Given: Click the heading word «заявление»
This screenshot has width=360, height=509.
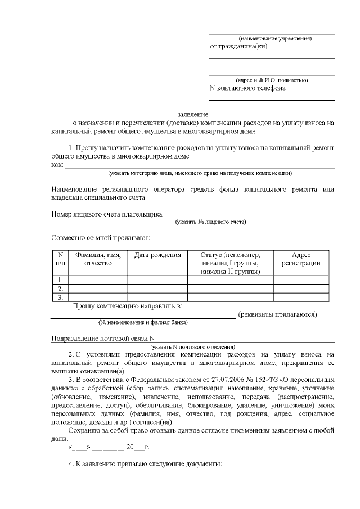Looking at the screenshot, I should pos(193,114).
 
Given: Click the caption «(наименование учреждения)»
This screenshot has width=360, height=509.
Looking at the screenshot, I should pos(275,38).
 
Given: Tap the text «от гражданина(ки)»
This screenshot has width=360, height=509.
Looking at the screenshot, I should pos(238,47).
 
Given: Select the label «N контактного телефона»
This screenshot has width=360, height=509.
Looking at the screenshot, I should pos(247,88).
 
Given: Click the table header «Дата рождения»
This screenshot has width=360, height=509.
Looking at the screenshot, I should pos(157,255).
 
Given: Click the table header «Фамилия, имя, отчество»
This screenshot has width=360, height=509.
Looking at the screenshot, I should pos(98,259).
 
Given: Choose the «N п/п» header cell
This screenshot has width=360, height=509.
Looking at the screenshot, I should pos(60,259).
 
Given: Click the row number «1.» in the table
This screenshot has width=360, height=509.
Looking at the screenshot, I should pos(60,280).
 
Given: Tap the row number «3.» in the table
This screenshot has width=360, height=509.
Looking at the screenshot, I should pos(60,297).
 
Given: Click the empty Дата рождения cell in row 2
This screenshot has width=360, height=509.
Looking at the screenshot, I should pos(157,289).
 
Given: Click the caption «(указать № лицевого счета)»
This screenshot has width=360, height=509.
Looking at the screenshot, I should pos(211,222).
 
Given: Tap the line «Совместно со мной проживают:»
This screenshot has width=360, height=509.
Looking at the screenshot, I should pos(100,238).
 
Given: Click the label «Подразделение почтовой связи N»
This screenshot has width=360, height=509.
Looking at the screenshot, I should pos(102,339).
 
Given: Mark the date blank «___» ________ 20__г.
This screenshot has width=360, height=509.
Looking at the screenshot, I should pos(108,448).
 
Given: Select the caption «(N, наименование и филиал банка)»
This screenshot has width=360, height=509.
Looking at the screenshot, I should pos(143,322).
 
